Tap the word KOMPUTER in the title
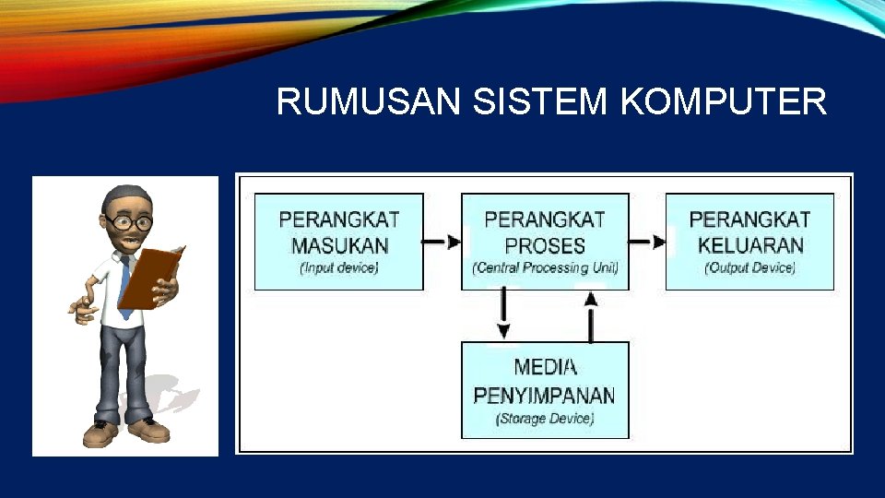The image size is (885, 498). click(725, 102)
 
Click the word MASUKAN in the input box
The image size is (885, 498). click(339, 245)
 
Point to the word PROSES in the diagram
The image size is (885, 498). click(545, 245)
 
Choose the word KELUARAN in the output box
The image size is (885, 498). click(750, 245)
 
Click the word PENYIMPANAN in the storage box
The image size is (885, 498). click(544, 395)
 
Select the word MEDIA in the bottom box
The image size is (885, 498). click(546, 367)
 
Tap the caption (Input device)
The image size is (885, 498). click(339, 268)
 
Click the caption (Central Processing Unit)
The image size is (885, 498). click(545, 268)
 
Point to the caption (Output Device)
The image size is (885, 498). click(749, 268)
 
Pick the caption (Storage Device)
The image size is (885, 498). click(545, 419)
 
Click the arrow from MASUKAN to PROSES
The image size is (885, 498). click(442, 242)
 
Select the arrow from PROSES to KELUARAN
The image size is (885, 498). click(648, 242)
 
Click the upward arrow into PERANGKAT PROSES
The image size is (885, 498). click(591, 314)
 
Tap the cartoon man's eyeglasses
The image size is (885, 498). click(129, 222)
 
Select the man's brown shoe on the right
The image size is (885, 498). click(150, 430)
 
